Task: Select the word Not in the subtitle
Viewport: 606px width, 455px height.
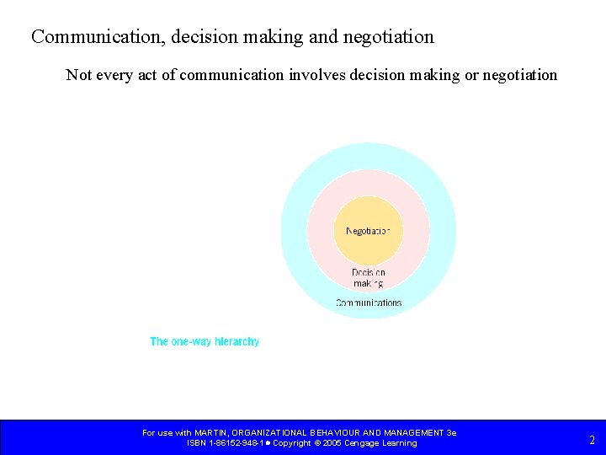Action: coord(79,75)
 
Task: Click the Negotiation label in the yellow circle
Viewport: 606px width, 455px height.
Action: coord(368,231)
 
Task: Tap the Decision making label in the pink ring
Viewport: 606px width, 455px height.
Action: coord(369,278)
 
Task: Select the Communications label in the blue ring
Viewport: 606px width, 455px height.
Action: coord(369,302)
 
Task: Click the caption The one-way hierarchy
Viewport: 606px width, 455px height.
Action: coord(205,341)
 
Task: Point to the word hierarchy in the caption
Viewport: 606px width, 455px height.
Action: coord(237,341)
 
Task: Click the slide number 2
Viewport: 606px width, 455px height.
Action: coord(592,439)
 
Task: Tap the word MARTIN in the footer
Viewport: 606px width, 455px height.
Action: coord(210,433)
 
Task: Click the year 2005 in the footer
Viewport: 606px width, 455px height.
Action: coord(332,443)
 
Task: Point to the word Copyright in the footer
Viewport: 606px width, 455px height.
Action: coord(291,443)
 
